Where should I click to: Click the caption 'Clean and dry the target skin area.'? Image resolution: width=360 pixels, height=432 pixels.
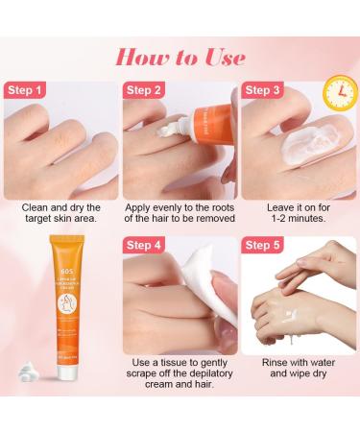click(x=59, y=212)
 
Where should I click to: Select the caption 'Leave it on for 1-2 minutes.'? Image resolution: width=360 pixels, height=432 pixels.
click(x=300, y=212)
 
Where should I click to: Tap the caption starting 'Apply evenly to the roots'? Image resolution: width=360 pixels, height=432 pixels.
click(x=180, y=212)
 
